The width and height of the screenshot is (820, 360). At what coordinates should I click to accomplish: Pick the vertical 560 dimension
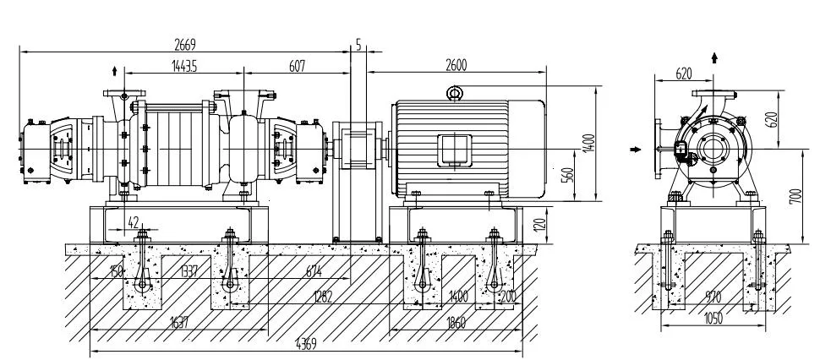568,174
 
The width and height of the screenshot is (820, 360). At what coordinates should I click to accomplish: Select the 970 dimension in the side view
713,296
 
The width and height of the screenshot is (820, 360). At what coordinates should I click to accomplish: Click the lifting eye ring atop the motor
454,93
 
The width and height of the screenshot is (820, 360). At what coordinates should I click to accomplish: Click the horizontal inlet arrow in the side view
636,147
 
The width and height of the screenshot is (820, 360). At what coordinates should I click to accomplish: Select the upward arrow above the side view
715,57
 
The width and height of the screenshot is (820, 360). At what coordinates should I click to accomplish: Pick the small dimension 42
133,221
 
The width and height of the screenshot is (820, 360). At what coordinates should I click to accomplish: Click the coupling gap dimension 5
359,46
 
